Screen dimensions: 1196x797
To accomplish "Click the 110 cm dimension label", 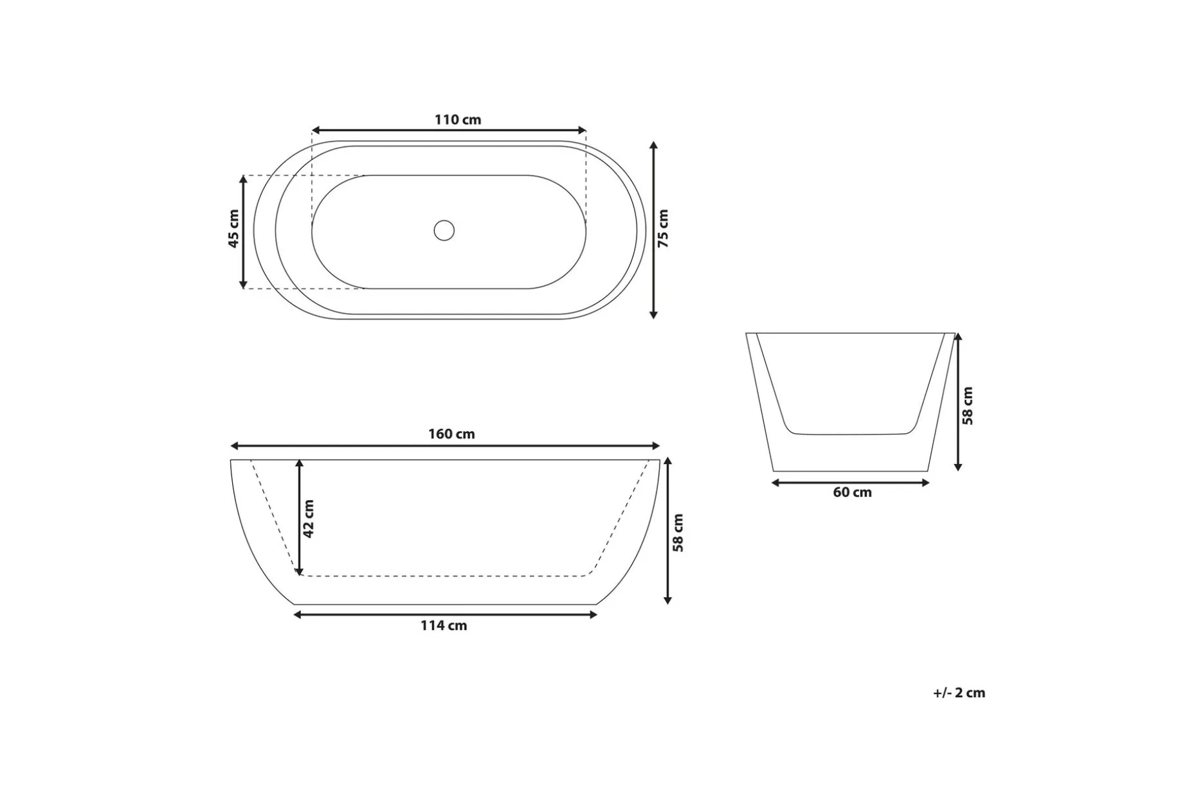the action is point(458,120).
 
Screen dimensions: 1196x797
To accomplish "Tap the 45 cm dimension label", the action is point(234,228).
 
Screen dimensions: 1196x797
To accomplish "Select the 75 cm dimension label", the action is point(664,228).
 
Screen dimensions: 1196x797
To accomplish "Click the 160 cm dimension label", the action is point(451,434).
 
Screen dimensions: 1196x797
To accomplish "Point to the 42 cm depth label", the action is point(309,519).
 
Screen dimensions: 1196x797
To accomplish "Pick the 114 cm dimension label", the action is point(444,625).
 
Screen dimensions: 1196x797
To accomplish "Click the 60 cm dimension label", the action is point(853,492).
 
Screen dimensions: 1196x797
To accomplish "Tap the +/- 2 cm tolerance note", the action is point(959,693).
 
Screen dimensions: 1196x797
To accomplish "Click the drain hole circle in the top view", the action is point(444,230).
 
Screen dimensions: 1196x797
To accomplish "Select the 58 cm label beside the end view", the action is point(968,406).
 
